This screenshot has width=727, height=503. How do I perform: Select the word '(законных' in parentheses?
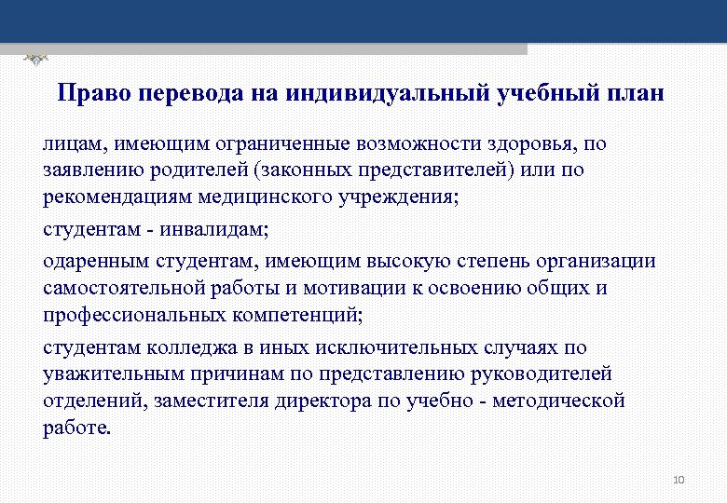click(x=273, y=171)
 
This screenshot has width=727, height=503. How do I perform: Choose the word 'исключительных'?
click(x=361, y=347)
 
